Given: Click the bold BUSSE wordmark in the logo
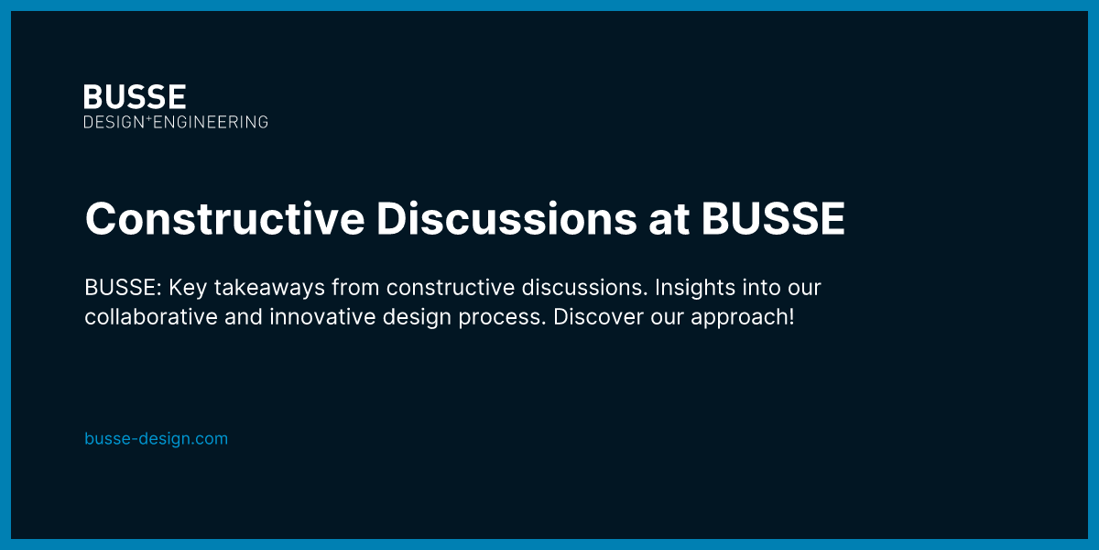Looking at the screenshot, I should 135,96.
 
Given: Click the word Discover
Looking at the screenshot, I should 591,317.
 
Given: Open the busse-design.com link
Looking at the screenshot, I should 156,438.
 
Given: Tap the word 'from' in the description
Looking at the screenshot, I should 356,288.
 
